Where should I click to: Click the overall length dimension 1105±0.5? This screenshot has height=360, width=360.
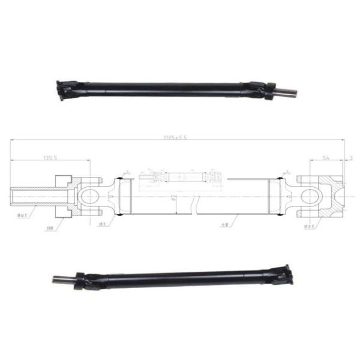click(x=176, y=137)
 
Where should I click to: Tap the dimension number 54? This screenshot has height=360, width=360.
click(x=326, y=158)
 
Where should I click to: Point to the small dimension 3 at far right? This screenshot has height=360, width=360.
click(x=350, y=158)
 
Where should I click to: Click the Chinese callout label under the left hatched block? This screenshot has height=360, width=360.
click(x=50, y=229)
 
